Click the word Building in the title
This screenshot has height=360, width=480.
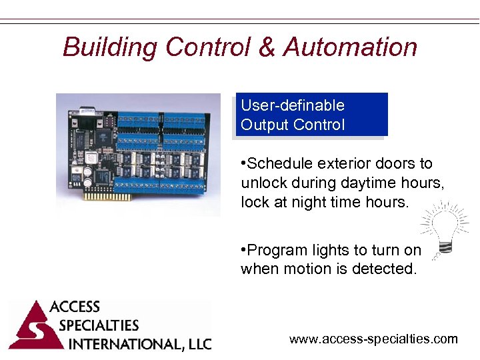109,47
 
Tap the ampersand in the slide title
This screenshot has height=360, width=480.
266,47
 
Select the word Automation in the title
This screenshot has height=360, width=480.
351,47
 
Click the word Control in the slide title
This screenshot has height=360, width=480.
207,47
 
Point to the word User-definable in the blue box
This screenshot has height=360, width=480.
293,105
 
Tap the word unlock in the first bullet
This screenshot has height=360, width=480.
263,183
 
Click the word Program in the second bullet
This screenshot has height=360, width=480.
275,250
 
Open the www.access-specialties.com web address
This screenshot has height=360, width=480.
373,339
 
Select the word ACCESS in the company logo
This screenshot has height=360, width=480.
75,307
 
